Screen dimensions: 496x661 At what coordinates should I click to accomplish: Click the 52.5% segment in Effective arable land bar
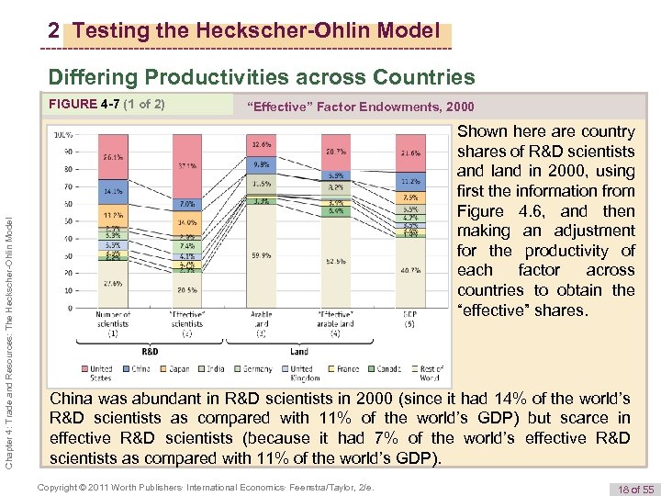[334, 262]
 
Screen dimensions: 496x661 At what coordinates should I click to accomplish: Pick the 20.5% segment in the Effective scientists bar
[187, 289]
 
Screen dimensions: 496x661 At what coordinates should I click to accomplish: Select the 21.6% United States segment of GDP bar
[409, 152]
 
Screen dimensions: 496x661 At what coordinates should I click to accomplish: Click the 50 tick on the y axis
[67, 221]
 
